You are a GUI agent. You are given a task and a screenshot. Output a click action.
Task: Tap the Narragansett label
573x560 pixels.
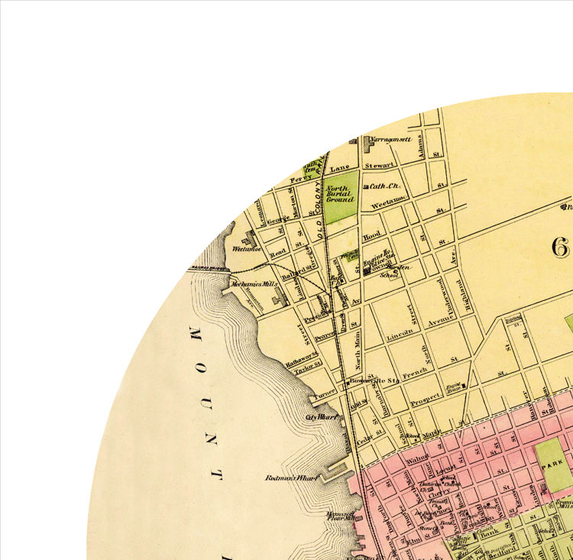pyautogui.click(x=391, y=140)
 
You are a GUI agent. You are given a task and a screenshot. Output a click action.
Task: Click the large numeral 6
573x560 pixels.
pyautogui.click(x=562, y=246)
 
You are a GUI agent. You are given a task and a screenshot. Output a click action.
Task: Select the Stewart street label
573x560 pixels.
pyautogui.click(x=379, y=164)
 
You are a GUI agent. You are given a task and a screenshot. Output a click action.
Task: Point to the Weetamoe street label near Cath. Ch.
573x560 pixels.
pyautogui.click(x=386, y=205)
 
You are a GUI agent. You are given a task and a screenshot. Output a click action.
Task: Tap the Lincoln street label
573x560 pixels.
pyautogui.click(x=400, y=334)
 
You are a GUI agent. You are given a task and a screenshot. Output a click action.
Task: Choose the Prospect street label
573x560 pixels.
pyautogui.click(x=426, y=399)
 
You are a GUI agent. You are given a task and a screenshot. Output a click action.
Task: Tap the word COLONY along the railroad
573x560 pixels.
pyautogui.click(x=322, y=197)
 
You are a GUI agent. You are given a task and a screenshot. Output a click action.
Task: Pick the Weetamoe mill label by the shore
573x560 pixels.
pyautogui.click(x=247, y=248)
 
